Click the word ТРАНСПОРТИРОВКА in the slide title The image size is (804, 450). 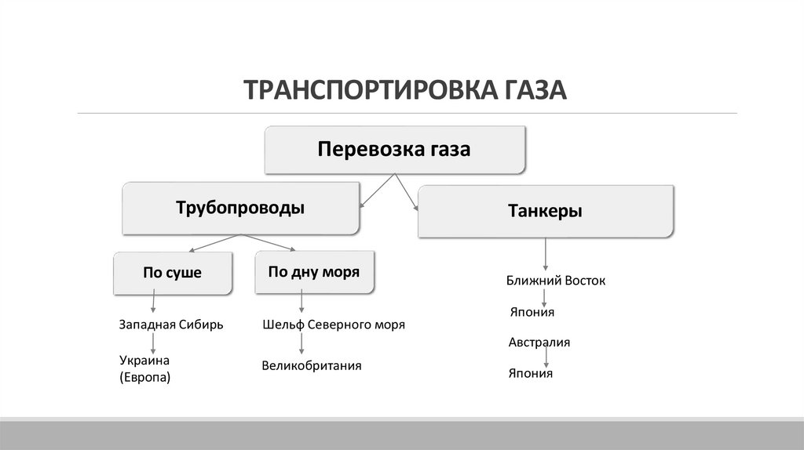tap(365, 89)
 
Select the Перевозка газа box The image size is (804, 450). tap(394, 149)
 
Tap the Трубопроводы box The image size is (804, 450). tap(240, 209)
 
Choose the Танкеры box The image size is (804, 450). tap(545, 211)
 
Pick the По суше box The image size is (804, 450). tap(172, 273)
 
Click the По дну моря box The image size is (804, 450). tap(314, 272)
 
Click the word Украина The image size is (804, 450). tap(145, 360)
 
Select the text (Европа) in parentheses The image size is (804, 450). tap(145, 377)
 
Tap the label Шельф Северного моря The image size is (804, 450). tap(334, 324)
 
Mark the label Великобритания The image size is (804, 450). tap(312, 365)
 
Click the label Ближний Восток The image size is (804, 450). tap(556, 280)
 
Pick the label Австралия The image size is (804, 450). tap(539, 343)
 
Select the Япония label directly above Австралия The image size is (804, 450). tap(532, 312)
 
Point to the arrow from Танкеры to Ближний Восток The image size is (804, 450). tap(545, 255)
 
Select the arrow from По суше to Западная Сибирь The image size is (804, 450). tap(153, 302)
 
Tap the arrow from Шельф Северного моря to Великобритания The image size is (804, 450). tap(301, 343)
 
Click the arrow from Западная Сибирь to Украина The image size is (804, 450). tap(153, 341)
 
